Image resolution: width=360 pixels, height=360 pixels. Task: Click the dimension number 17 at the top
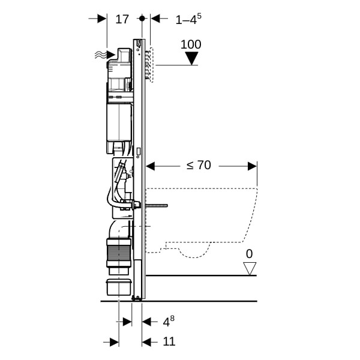[x=122, y=19]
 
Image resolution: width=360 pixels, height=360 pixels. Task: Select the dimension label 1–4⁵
[x=188, y=19]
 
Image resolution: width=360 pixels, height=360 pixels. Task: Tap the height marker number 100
[x=191, y=44]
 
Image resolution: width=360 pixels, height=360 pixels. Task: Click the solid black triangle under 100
[x=192, y=58]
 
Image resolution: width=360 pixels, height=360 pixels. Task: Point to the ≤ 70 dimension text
[x=199, y=165]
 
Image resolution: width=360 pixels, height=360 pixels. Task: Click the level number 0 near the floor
[x=249, y=254]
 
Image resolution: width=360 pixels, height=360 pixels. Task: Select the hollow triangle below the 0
[x=250, y=269]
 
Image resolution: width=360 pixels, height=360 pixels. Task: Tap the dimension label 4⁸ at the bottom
[x=169, y=321]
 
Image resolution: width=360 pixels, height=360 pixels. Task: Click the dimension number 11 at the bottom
[x=169, y=341]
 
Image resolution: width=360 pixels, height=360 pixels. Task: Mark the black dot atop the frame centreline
[x=142, y=18]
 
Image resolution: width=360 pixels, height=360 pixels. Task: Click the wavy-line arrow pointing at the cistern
[x=105, y=55]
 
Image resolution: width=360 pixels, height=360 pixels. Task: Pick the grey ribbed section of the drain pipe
[x=119, y=253]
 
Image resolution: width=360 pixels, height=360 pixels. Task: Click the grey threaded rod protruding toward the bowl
[x=157, y=205]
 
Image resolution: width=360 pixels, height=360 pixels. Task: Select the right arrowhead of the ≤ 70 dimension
[x=253, y=166]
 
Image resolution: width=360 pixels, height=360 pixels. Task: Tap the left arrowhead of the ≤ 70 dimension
[x=151, y=166]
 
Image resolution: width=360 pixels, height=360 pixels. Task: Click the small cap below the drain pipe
[x=119, y=287]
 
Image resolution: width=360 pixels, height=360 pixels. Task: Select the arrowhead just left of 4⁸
[x=147, y=322]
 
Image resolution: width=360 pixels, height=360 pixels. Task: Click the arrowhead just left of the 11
[x=147, y=342]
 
